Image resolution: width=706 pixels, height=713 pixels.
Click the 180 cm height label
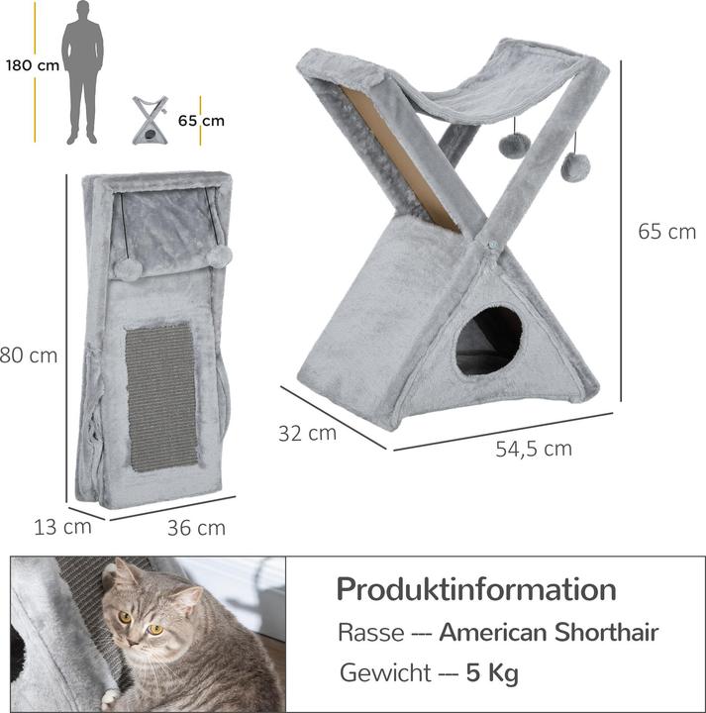click(30, 65)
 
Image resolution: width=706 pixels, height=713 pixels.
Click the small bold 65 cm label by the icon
click(201, 121)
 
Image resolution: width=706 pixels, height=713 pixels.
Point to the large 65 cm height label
click(665, 232)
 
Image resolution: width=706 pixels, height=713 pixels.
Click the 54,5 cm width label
click(534, 449)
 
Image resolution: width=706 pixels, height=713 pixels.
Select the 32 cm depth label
click(307, 432)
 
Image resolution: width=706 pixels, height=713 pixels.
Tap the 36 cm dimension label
click(195, 528)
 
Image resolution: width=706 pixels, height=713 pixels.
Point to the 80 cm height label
click(28, 355)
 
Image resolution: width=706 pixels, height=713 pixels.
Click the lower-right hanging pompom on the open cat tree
click(571, 168)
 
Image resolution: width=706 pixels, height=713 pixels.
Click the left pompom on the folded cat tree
click(127, 268)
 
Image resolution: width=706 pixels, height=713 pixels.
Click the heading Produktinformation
click(475, 589)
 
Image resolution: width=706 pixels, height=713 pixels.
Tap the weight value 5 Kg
click(492, 673)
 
